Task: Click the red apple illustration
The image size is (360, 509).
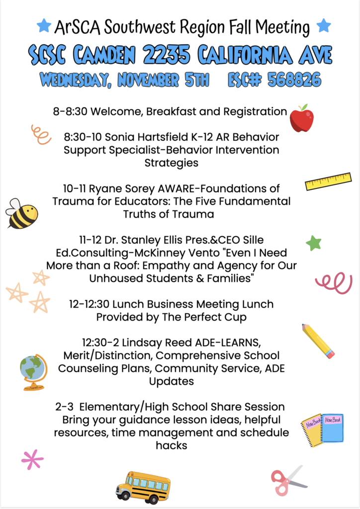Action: coord(301,119)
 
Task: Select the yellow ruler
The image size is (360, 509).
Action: coord(328,181)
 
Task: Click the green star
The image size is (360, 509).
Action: coord(313,243)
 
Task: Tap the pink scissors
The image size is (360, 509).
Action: coord(287,480)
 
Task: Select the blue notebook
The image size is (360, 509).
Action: coord(333,427)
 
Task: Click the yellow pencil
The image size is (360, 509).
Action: coord(318,340)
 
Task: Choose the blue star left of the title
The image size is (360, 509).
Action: coord(44,25)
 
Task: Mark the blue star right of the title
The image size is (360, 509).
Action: coord(324,25)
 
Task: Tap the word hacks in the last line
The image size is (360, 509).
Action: coord(172,445)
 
